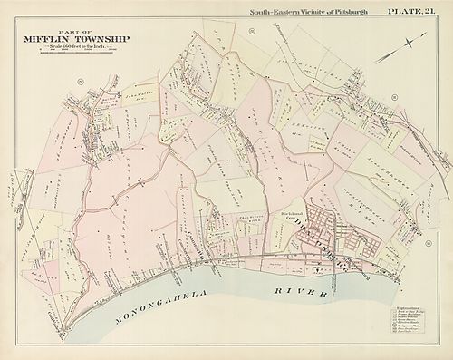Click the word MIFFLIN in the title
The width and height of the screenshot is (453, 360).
pos(44,39)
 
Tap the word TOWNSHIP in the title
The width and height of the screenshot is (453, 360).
pos(99,39)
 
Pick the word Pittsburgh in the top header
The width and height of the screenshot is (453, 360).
pos(349,11)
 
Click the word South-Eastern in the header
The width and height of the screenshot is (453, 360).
pos(264,11)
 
